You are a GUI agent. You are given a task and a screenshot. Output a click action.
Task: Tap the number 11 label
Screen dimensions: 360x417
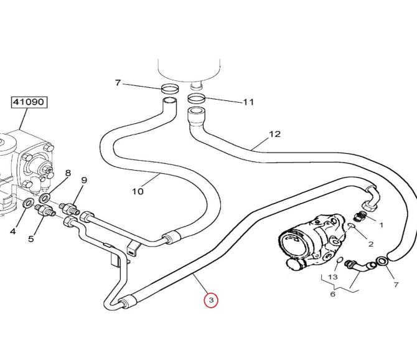click(x=248, y=102)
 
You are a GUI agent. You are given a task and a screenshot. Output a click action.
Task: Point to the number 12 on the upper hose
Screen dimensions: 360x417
click(x=274, y=133)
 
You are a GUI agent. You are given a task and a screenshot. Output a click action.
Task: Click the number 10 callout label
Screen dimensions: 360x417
click(x=138, y=191)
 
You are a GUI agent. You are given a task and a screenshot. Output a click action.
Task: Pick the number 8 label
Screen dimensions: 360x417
click(x=68, y=173)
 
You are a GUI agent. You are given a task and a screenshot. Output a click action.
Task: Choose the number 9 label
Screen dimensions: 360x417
click(x=83, y=180)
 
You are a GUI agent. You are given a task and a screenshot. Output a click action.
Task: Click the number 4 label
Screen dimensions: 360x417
click(x=12, y=232)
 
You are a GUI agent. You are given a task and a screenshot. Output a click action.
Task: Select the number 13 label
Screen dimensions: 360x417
click(x=333, y=277)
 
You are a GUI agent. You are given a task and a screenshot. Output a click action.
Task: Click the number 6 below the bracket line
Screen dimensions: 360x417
click(x=332, y=293)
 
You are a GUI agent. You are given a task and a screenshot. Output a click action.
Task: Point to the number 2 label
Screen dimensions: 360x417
click(x=371, y=244)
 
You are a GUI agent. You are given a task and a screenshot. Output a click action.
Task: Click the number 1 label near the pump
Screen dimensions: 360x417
click(x=381, y=224)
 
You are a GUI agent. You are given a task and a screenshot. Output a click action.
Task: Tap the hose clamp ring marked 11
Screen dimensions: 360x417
click(x=195, y=98)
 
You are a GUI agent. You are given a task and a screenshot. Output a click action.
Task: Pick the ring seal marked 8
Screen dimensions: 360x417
click(x=44, y=198)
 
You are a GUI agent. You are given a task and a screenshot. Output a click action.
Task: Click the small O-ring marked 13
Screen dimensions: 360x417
click(x=340, y=259)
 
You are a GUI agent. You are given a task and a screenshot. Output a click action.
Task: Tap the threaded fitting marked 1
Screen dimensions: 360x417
click(x=360, y=216)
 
